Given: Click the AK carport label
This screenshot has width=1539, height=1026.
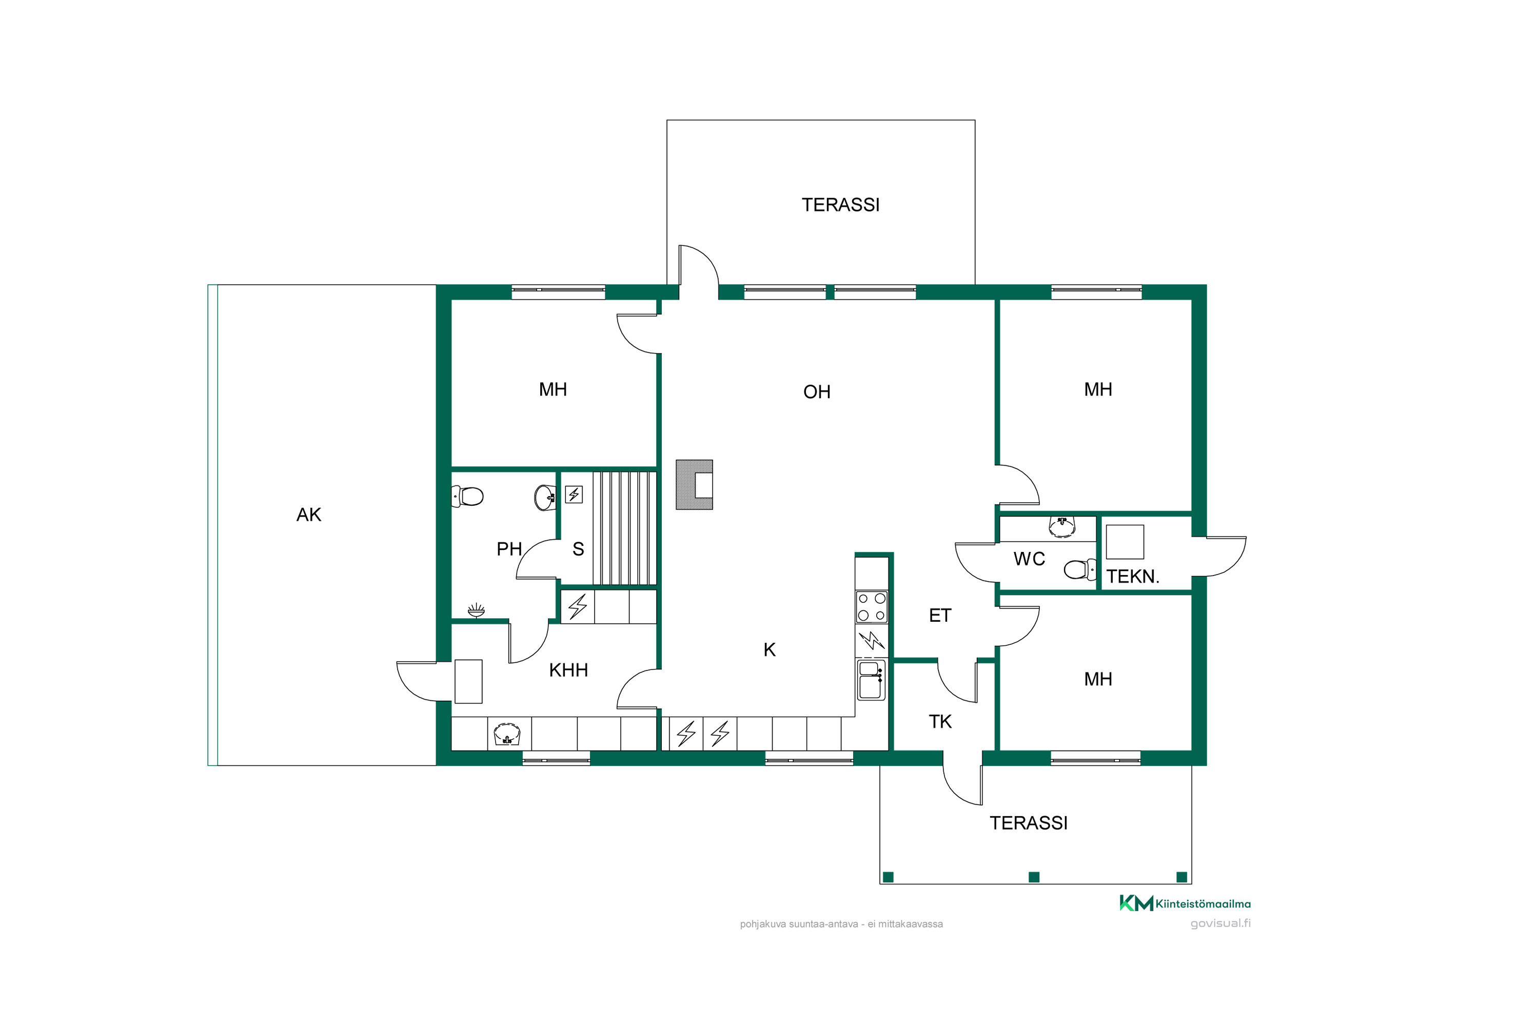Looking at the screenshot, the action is click(309, 515).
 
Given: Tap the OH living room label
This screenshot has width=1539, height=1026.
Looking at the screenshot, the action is click(817, 392).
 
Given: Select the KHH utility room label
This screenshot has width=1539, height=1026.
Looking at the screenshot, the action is click(568, 670).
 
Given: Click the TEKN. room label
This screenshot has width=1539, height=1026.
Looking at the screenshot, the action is click(1133, 577).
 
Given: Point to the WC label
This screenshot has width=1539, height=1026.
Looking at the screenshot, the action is click(1029, 559).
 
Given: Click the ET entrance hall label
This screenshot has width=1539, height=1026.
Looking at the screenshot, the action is click(940, 615).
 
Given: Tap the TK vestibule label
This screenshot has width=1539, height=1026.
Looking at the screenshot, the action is click(940, 722).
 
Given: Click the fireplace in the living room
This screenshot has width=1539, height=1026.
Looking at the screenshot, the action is click(694, 485).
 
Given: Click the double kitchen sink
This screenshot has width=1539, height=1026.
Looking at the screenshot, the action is click(871, 680).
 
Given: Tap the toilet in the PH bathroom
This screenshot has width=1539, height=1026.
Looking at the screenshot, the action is click(467, 496).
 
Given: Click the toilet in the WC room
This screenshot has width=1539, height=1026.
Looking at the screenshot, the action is click(1080, 569).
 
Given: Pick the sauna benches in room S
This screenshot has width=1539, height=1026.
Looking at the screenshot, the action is click(624, 528).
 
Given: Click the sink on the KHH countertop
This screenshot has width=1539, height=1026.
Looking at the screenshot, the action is click(507, 734).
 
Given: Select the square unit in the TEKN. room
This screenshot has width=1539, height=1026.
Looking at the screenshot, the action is click(1125, 542).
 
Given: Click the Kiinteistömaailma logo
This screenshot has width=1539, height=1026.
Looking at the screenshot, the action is click(1185, 903).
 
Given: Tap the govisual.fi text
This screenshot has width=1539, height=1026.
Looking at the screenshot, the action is click(1220, 923).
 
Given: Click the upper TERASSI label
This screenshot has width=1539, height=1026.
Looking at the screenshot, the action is click(841, 205).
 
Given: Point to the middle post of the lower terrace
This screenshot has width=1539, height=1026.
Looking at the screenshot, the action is click(1034, 877).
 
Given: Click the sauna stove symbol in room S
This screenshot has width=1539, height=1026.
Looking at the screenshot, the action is click(574, 494).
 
